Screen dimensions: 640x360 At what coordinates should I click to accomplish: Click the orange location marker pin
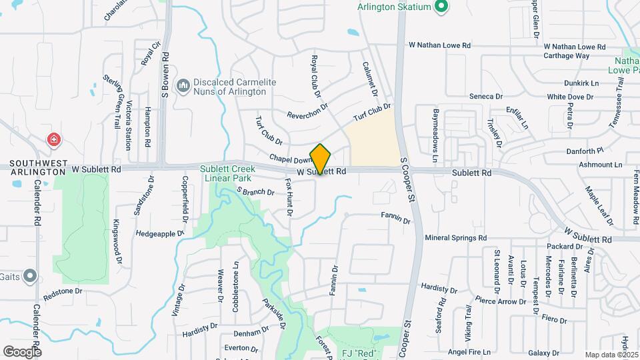coord(321,159)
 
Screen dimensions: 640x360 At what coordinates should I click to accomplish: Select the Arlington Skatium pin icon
coord(440,8)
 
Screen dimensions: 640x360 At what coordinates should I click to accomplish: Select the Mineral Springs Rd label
coord(455,237)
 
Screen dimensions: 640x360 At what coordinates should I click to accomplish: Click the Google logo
coord(21,351)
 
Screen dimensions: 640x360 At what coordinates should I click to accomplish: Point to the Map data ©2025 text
coord(611,355)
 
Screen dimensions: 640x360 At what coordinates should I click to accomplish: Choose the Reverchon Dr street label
coord(307,111)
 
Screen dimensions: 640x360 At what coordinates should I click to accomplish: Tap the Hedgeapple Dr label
coord(159,234)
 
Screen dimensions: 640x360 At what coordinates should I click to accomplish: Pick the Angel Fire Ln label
coord(469,351)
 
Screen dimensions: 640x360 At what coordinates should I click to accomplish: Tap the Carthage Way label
coord(567,56)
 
